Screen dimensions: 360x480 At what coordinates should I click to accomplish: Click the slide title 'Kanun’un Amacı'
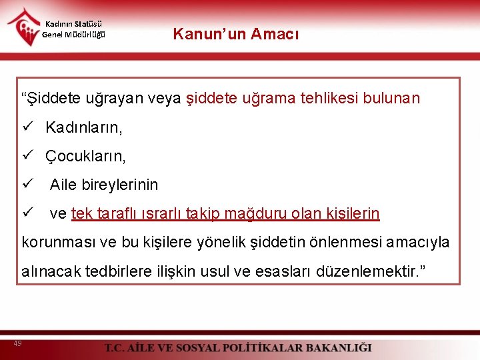click(x=236, y=34)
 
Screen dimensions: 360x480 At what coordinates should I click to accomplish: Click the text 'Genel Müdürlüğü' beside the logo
click(x=73, y=35)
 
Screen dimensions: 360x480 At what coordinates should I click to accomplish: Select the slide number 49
click(x=17, y=343)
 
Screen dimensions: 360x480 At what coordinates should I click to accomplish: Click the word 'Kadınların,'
click(x=84, y=127)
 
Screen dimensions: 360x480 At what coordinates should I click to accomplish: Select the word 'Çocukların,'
click(x=85, y=156)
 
